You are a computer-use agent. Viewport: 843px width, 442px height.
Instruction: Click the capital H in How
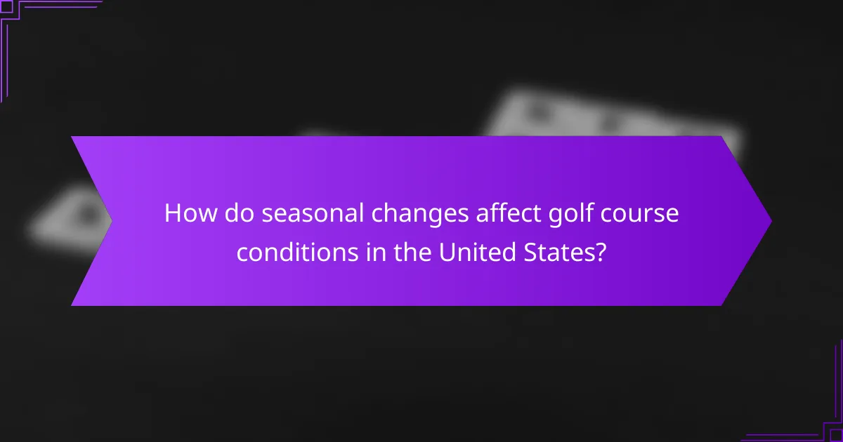click(x=173, y=214)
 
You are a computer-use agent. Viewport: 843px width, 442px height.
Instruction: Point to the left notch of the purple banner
click(x=111, y=221)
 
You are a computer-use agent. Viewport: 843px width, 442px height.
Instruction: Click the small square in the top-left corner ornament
click(x=8, y=8)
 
